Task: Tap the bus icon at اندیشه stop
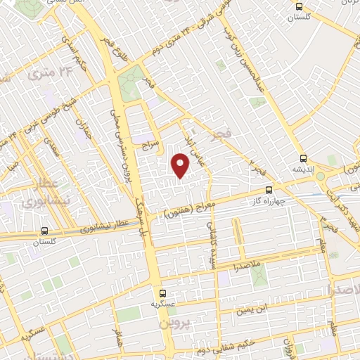303,158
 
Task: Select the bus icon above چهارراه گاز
269,190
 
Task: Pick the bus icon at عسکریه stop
162,293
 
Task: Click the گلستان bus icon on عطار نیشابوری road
45,231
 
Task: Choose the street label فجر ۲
254,167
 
